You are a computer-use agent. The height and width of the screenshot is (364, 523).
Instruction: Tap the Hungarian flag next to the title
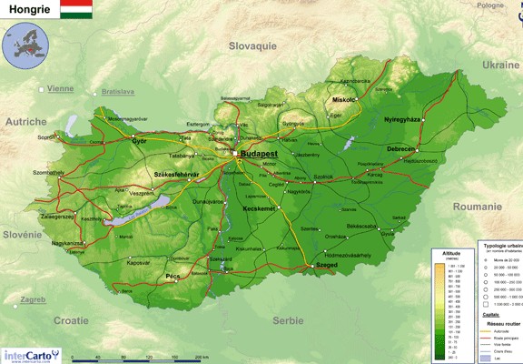(76, 10)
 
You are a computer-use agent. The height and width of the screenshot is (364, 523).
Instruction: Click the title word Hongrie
(29, 10)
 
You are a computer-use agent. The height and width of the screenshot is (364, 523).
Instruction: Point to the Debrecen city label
(400, 148)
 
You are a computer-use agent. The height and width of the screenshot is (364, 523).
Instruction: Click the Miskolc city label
(344, 99)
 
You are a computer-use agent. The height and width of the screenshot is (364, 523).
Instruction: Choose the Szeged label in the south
(326, 267)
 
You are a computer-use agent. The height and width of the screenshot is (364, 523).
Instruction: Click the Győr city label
(139, 141)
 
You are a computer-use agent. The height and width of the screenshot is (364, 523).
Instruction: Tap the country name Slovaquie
(252, 45)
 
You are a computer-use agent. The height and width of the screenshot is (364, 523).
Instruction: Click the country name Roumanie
(477, 207)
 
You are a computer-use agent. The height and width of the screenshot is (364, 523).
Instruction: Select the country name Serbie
(289, 320)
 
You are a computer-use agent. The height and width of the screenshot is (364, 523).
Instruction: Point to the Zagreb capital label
(33, 298)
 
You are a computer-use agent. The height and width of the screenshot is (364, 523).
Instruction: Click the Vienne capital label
(60, 89)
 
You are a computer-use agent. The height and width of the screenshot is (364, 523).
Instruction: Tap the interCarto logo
(28, 355)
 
